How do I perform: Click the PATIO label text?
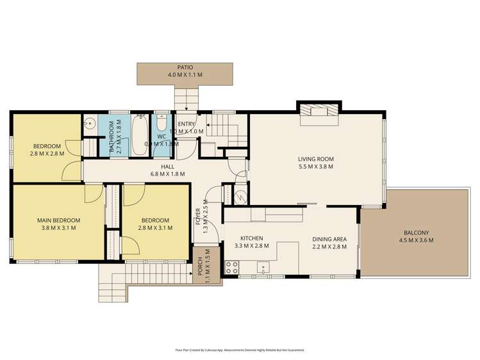pyautogui.click(x=185, y=67)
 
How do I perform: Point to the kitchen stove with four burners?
pyautogui.click(x=231, y=268)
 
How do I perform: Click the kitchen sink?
pyautogui.click(x=261, y=268)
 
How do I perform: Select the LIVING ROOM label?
pyautogui.click(x=316, y=159)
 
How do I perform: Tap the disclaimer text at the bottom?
pyautogui.click(x=240, y=350)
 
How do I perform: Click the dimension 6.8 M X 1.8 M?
pyautogui.click(x=167, y=174)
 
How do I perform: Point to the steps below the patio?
pyautogui.click(x=186, y=98)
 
